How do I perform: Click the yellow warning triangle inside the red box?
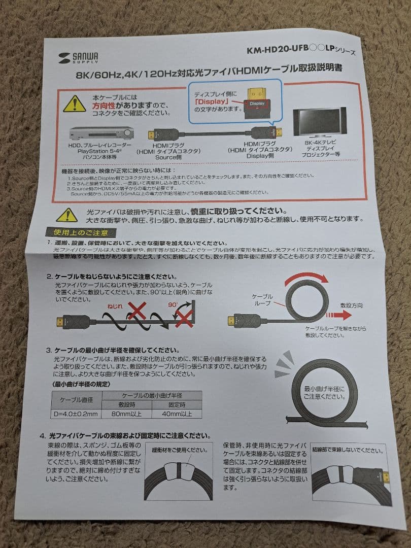click(x=74, y=104)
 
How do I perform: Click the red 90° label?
click(x=173, y=305)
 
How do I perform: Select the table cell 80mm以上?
click(x=125, y=413)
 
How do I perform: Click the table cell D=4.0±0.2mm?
click(x=76, y=413)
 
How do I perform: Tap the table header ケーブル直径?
click(x=76, y=399)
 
